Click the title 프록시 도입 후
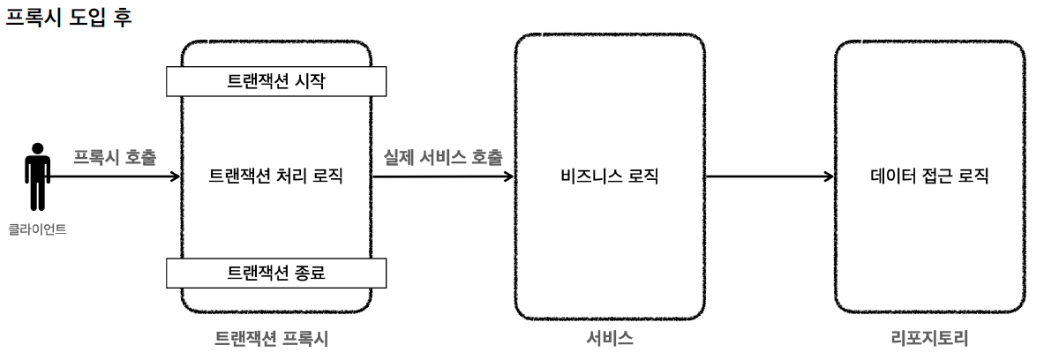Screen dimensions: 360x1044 click(x=68, y=18)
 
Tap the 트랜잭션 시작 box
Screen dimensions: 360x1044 click(x=276, y=82)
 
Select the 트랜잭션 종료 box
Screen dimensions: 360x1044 click(x=276, y=273)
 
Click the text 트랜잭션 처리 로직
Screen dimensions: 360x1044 click(x=275, y=176)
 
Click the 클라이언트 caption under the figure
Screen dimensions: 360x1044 click(x=37, y=229)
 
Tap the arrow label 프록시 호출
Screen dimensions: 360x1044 click(x=115, y=157)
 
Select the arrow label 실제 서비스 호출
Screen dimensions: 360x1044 click(x=443, y=157)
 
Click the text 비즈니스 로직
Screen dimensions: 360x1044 click(x=610, y=176)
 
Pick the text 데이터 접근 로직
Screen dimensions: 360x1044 click(x=929, y=176)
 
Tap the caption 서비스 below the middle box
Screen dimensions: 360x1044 click(x=610, y=338)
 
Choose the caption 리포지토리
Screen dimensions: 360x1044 click(x=929, y=338)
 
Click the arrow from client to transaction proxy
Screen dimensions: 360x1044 click(x=115, y=176)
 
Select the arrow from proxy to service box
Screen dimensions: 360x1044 click(x=443, y=176)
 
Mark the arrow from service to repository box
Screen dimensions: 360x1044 click(x=768, y=176)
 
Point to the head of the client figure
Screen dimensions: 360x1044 click(x=37, y=148)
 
